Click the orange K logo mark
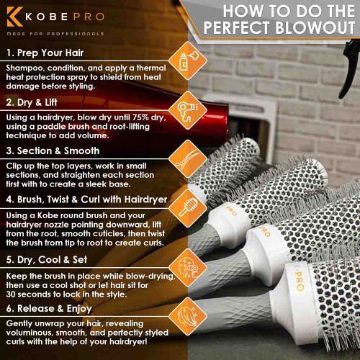15,17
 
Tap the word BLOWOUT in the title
315,27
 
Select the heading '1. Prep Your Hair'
45,53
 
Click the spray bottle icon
188,60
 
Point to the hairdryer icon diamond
188,110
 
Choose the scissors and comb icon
188,158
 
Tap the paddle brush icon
188,207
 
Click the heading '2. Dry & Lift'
32,102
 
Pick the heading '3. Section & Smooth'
53,150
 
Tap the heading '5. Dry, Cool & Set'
47,260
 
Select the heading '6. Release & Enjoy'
49,309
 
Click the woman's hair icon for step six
188,316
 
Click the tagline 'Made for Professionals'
55,34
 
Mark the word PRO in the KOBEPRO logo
89,17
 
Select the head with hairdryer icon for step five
188,268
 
